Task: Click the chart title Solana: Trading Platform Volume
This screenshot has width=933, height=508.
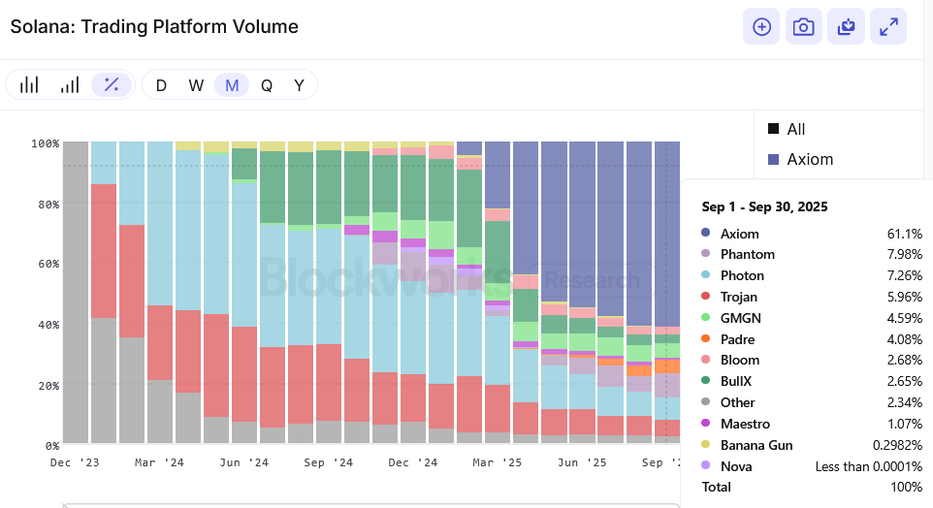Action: click(154, 26)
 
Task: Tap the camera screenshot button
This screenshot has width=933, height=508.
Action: click(803, 26)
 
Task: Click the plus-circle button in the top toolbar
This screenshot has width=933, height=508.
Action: click(761, 26)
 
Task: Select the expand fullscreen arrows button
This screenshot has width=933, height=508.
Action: click(888, 26)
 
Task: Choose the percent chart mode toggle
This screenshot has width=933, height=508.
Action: click(112, 85)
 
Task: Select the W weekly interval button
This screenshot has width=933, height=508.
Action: click(196, 85)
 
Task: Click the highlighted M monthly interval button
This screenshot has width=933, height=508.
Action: click(232, 85)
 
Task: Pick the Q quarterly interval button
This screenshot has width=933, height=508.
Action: click(266, 85)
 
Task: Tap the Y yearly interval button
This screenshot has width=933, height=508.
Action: click(300, 85)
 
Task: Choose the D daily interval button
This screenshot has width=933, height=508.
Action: click(161, 85)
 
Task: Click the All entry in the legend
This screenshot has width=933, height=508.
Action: click(795, 129)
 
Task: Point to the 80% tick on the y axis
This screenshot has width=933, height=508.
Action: click(45, 205)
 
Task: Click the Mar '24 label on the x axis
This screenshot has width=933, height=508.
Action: click(159, 463)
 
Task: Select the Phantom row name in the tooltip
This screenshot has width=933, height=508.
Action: click(747, 255)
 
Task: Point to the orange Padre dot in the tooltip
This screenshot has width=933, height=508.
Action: click(706, 339)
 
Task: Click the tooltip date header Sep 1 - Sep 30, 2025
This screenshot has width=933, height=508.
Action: click(765, 207)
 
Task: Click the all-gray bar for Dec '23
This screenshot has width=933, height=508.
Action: click(76, 291)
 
